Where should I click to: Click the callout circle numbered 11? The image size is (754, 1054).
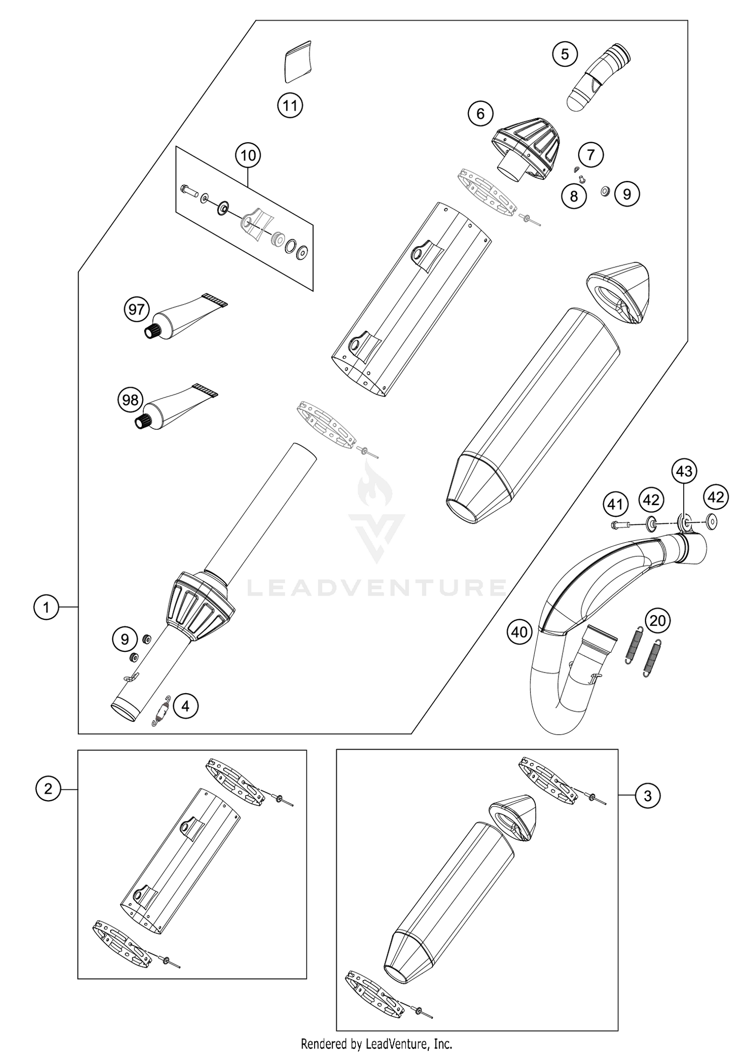tap(290, 106)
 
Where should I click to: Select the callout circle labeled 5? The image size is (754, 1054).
tap(565, 54)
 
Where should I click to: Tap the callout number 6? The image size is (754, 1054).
tap(480, 114)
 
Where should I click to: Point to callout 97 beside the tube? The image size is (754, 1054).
tap(137, 309)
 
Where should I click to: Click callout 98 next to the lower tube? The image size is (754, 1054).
tap(130, 400)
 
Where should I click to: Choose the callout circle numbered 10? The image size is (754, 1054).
tap(248, 155)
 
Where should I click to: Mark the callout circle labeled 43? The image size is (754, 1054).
tap(684, 471)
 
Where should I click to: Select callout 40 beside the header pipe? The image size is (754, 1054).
tap(519, 631)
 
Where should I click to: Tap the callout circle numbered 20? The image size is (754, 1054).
tap(657, 621)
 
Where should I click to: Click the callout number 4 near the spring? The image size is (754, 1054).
tap(185, 707)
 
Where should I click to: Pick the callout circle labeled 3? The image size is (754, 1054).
tap(647, 796)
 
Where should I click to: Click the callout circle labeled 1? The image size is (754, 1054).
tap(46, 608)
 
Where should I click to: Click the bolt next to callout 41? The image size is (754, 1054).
tap(619, 526)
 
